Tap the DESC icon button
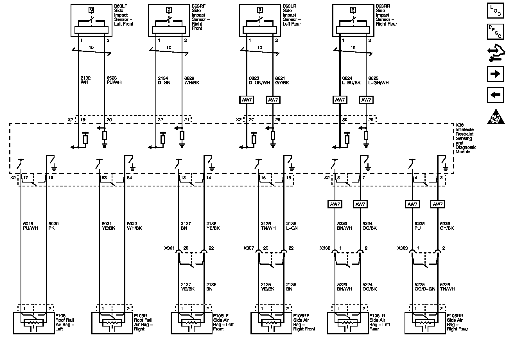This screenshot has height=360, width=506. point(495,31)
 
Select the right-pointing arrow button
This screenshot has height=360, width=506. point(495,74)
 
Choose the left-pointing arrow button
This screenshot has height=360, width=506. point(495,95)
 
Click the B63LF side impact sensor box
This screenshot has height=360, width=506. point(91,21)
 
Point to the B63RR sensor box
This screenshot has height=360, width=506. point(353,21)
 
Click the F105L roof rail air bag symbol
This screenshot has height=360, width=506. point(33,323)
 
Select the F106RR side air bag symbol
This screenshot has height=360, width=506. point(425,323)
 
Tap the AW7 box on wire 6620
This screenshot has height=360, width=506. point(247,100)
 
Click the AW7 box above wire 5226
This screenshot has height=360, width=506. point(437,204)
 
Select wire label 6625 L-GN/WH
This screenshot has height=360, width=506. point(378,80)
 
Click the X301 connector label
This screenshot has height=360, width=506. point(170,248)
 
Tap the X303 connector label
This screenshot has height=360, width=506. point(402,248)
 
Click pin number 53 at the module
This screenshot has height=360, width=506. point(104,178)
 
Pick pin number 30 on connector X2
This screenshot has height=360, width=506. point(345,120)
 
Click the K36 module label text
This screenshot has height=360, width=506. point(466,138)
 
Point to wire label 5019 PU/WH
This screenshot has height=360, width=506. point(30,226)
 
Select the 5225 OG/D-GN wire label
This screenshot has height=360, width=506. point(425,287)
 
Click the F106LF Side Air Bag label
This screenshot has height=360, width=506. point(223,322)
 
